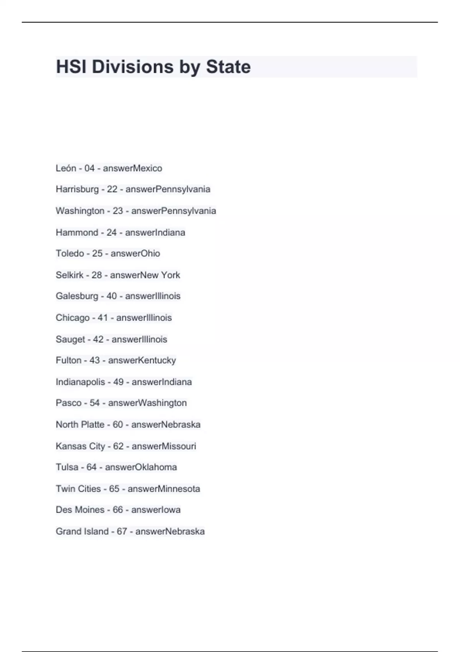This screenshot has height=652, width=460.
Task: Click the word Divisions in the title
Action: (x=132, y=67)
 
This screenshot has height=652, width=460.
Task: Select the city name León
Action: (x=66, y=168)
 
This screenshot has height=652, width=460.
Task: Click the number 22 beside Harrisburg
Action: (x=112, y=189)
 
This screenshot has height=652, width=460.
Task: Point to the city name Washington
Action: (x=80, y=211)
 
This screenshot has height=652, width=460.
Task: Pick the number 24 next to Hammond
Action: (x=112, y=232)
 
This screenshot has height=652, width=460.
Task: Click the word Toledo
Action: (x=70, y=254)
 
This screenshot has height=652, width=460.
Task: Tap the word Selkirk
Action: (x=69, y=275)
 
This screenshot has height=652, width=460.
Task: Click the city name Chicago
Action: (x=72, y=318)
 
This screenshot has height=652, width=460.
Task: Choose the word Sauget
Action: (x=71, y=339)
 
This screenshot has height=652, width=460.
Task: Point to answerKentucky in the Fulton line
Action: (x=142, y=361)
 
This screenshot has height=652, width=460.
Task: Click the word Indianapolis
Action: (x=80, y=382)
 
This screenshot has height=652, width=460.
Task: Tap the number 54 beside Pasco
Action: (x=95, y=403)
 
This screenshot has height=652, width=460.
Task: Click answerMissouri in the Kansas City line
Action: (x=164, y=446)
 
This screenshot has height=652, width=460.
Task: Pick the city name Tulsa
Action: (x=67, y=467)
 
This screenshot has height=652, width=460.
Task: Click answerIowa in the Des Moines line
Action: (x=156, y=510)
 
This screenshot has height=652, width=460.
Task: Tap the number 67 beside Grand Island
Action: (x=122, y=532)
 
